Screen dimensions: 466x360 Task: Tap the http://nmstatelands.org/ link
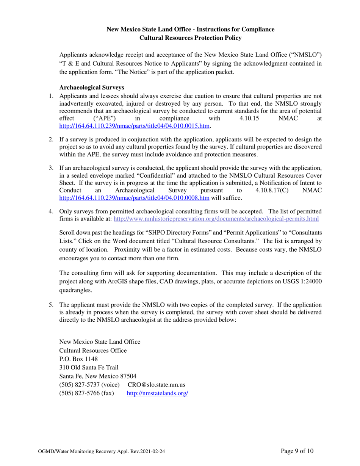(157, 393)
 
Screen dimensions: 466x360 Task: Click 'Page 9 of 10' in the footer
(297, 451)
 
